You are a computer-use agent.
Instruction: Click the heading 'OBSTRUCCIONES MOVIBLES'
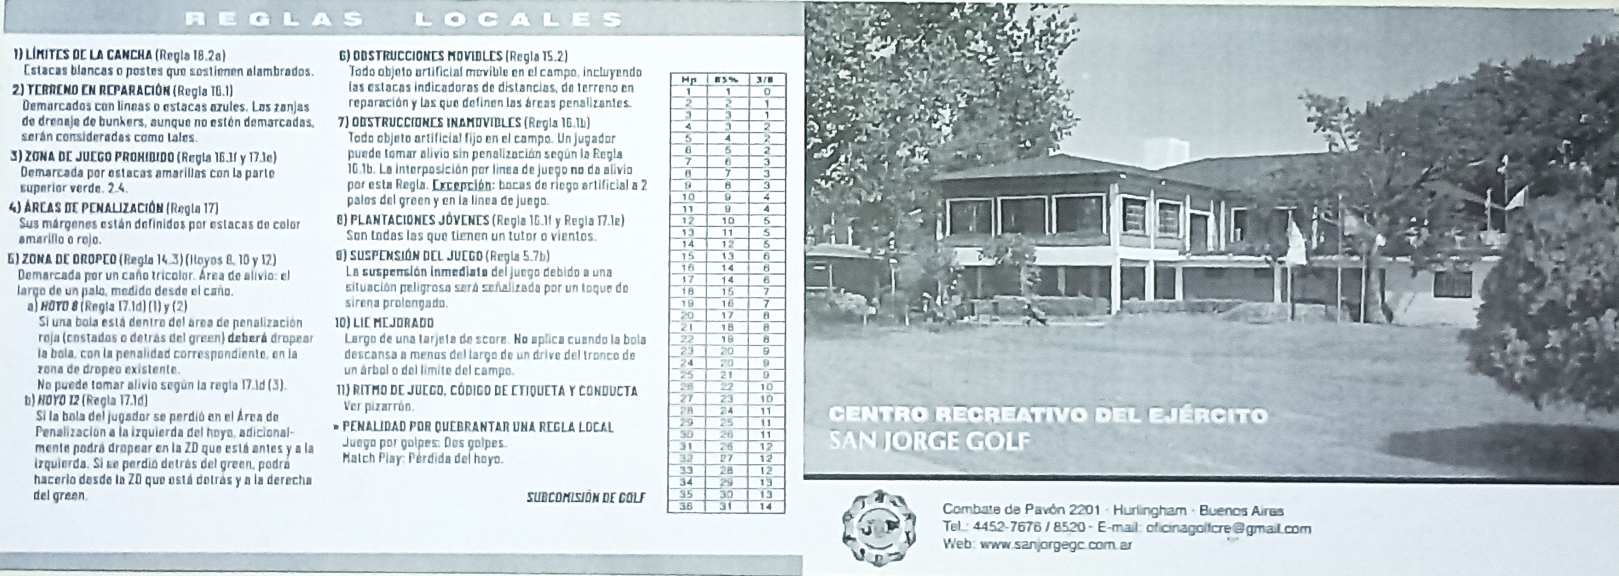point(427,56)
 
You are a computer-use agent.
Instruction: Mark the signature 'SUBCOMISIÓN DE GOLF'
point(586,498)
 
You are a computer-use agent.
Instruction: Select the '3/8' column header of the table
point(766,80)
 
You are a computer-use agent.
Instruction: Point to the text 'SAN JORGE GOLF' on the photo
point(930,441)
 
